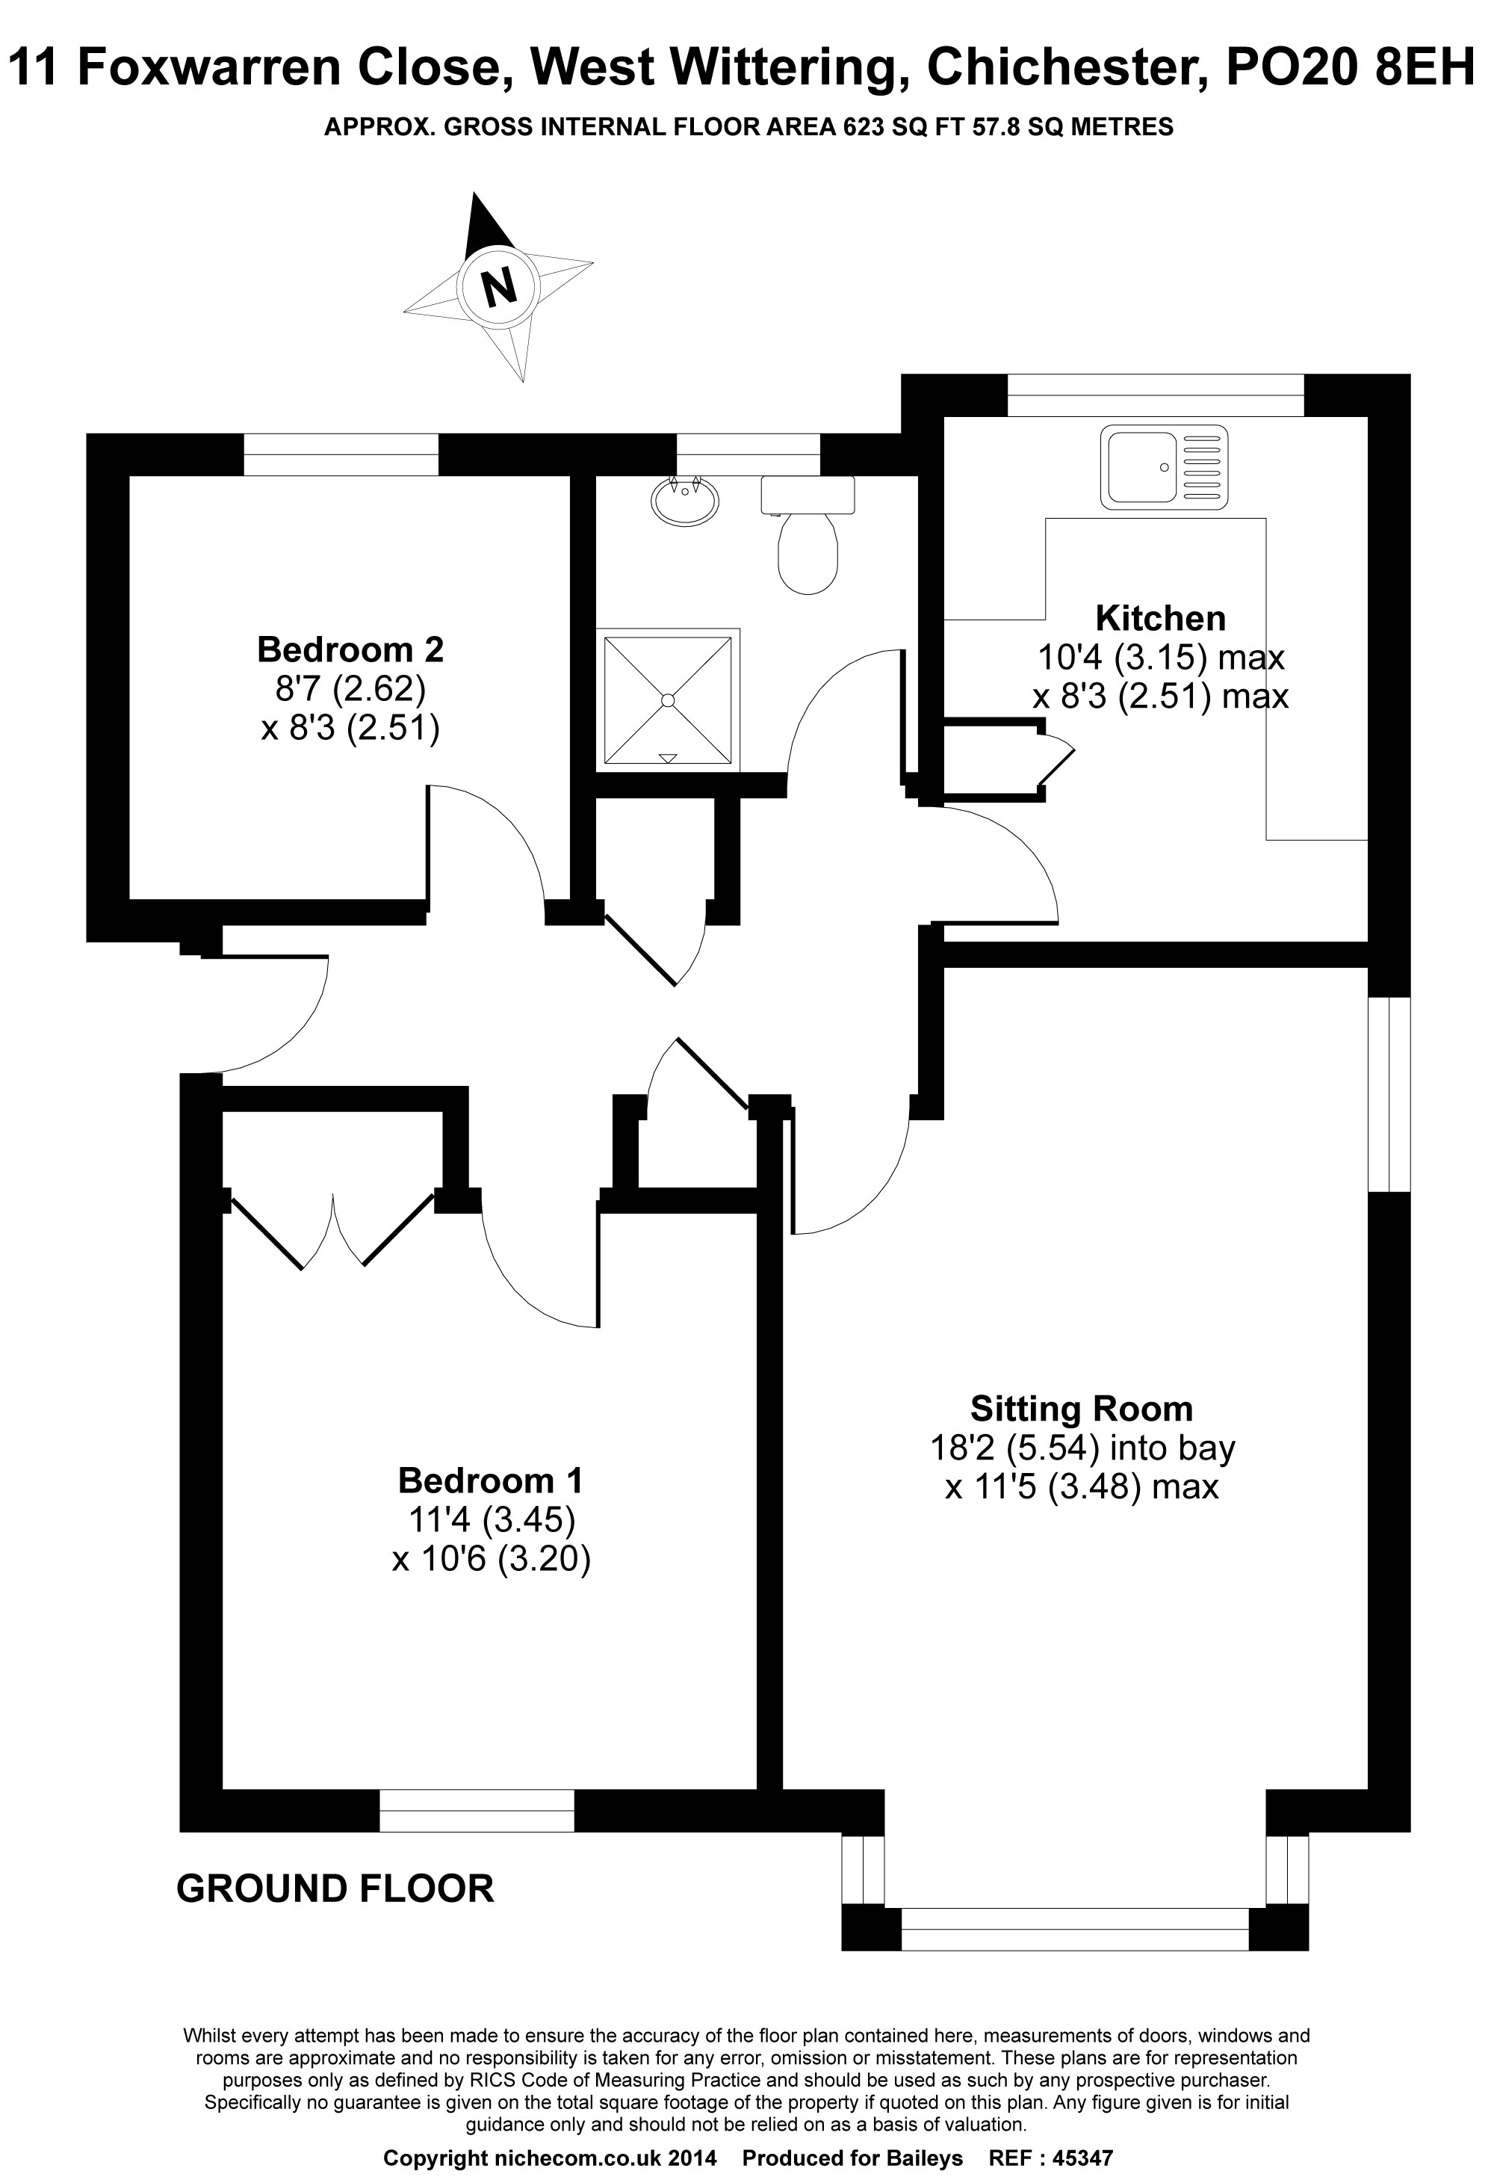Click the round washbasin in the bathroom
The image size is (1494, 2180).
click(685, 497)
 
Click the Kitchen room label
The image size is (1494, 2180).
click(1160, 619)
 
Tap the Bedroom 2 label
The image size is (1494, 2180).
click(350, 649)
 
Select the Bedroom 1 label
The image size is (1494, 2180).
click(491, 1480)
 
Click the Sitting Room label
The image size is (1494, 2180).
click(1082, 1409)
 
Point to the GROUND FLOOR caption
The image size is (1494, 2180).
click(335, 1889)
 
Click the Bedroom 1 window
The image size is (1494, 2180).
click(477, 1809)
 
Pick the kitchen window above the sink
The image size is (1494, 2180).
click(1155, 395)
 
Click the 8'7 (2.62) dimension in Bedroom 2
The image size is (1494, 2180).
click(350, 690)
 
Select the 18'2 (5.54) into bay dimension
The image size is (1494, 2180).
click(1082, 1448)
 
